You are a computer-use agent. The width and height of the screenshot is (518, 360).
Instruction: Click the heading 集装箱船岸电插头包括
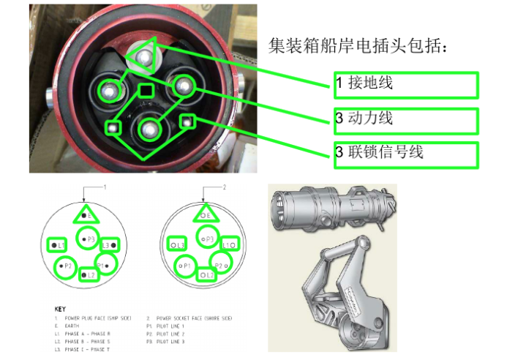[357, 46]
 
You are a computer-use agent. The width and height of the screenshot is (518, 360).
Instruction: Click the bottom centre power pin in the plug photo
[149, 129]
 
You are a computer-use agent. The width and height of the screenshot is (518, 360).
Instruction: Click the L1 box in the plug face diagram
[56, 244]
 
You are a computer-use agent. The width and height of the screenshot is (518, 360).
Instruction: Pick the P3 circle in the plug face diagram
[89, 239]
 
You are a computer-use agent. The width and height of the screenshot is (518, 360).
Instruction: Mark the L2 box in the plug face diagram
[88, 274]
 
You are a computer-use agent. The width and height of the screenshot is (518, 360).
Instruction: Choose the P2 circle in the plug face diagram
[66, 266]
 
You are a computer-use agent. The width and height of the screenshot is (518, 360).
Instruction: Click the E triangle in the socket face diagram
[207, 215]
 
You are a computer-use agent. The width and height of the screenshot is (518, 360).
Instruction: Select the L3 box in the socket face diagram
[176, 244]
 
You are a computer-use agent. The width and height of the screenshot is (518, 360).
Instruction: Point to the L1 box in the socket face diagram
[229, 244]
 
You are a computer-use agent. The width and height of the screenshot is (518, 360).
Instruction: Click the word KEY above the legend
[61, 310]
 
